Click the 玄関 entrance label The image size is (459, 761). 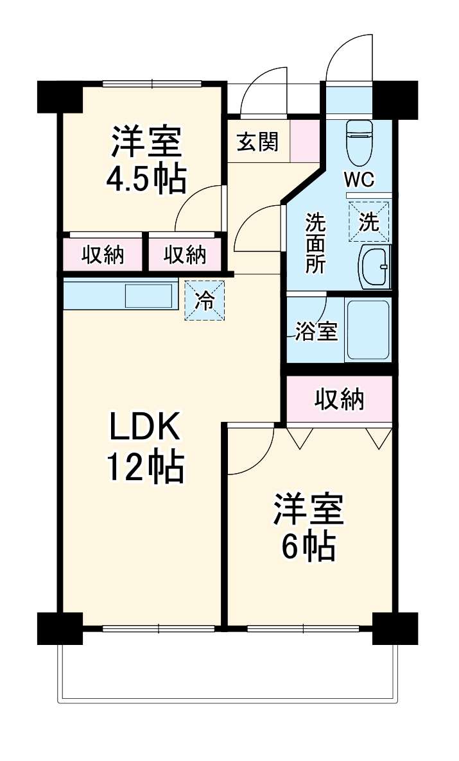[x=258, y=142]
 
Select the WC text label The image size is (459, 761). [x=359, y=180]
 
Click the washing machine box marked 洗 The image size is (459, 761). [x=369, y=222]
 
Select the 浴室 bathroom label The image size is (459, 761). [x=316, y=332]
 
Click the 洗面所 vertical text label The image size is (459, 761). [x=315, y=244]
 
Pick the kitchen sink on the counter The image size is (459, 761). [x=149, y=296]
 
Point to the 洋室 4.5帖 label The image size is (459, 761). [x=146, y=160]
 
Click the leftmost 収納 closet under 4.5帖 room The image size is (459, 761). [x=103, y=255]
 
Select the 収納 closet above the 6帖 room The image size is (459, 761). [x=339, y=399]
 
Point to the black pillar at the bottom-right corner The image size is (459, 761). [x=395, y=628]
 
